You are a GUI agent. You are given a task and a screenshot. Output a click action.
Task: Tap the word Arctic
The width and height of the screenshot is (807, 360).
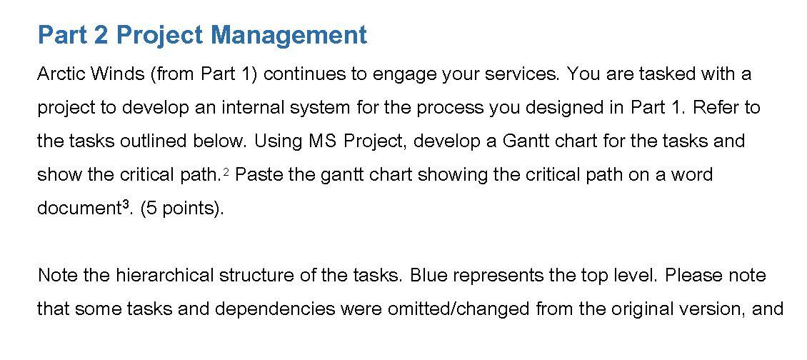tap(60, 74)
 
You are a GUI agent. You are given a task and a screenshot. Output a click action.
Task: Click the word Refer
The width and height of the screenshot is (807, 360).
tap(716, 107)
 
